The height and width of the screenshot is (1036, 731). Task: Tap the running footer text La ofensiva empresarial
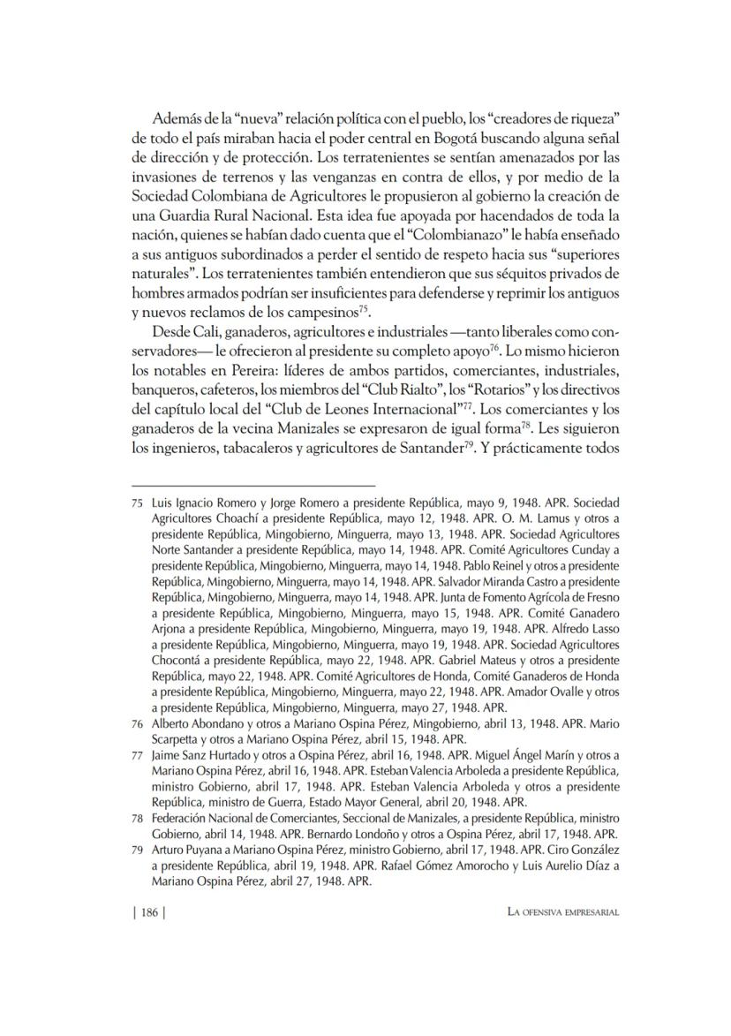(556, 913)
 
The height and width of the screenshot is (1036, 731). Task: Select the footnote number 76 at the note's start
(137, 722)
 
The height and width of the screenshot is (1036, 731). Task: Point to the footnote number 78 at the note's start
(137, 818)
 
